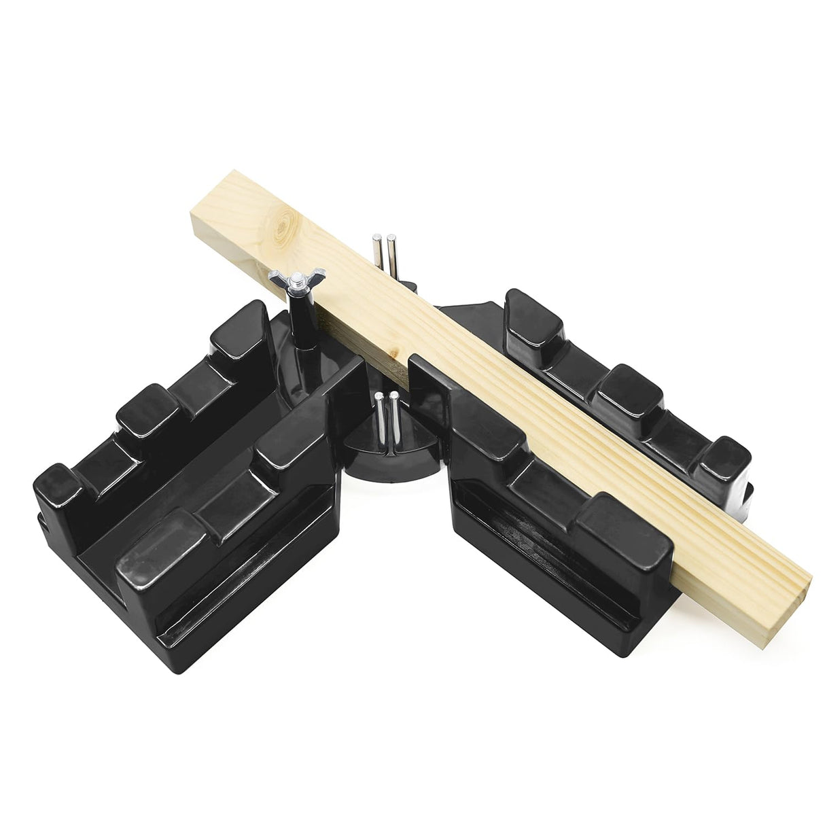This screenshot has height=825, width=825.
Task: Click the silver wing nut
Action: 289,279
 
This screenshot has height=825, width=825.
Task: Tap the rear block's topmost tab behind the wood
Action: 530,313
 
